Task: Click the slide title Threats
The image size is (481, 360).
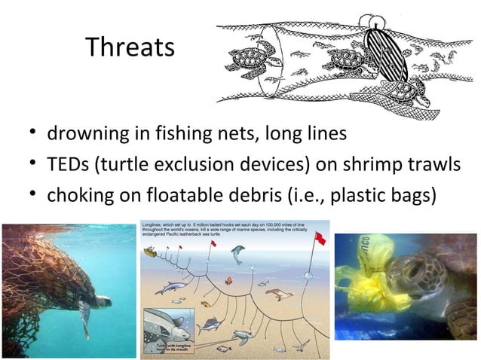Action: click(x=130, y=47)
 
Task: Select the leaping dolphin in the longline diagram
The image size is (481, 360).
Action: click(x=239, y=255)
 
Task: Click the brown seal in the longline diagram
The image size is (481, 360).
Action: click(x=277, y=294)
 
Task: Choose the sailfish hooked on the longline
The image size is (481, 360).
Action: click(x=210, y=325)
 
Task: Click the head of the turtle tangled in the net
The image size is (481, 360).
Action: click(x=100, y=302)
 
